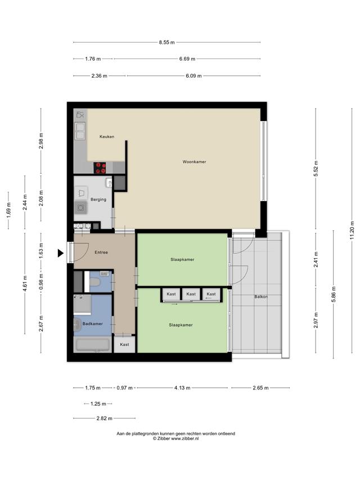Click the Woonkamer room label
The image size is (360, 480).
(194, 162)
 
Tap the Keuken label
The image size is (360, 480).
(107, 137)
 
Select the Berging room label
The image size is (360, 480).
(98, 199)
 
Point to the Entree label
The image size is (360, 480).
(101, 252)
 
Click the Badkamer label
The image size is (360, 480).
(92, 324)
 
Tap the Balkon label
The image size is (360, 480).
(261, 297)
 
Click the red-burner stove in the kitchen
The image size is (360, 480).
(100, 168)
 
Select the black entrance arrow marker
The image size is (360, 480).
(61, 253)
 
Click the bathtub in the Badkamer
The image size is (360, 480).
(93, 345)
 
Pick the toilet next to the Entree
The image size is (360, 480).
(95, 282)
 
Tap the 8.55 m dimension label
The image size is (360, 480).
(166, 42)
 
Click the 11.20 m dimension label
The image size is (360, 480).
(352, 230)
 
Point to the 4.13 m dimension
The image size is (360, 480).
(182, 388)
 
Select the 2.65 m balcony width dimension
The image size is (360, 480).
(260, 388)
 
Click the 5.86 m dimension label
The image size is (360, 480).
(334, 294)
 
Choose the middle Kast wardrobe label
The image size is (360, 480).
(191, 294)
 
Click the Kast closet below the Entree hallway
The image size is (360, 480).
(124, 344)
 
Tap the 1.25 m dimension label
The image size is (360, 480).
(98, 404)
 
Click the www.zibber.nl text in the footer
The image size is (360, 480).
(184, 438)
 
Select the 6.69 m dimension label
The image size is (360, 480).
(187, 59)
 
